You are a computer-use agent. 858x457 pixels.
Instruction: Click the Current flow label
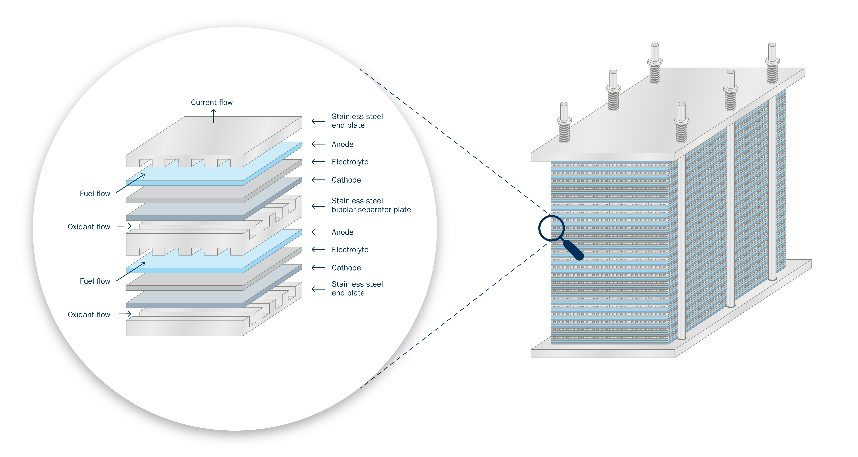[x=212, y=102]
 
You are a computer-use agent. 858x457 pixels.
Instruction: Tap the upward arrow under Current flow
[x=213, y=116]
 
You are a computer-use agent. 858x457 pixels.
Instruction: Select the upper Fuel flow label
[x=95, y=193]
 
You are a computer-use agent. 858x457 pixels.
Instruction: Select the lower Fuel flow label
[x=95, y=281]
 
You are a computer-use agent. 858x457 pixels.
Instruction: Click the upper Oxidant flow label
[x=89, y=227]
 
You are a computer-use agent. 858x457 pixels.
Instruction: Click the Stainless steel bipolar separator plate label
[x=371, y=205]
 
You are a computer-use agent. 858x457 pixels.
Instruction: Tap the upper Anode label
[x=342, y=144]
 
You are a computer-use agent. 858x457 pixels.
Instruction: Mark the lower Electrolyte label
[x=350, y=250]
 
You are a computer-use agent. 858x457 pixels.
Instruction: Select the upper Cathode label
[x=346, y=180]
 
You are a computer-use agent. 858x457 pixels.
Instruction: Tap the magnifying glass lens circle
[x=551, y=228]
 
